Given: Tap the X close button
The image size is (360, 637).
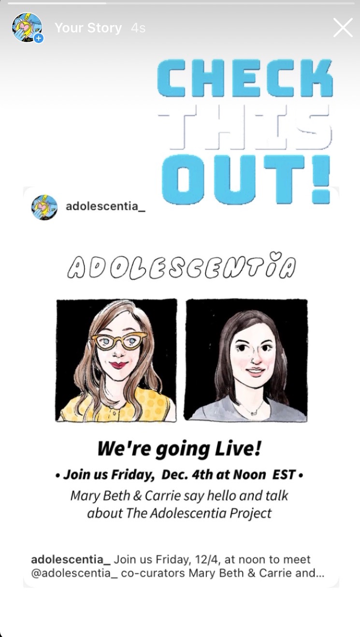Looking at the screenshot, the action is pos(343,28).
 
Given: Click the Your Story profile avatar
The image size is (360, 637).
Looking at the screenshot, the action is pos(27,28).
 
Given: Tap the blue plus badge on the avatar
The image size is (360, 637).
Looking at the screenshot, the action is pos(39,38).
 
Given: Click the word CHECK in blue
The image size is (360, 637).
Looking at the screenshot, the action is pos(245,78).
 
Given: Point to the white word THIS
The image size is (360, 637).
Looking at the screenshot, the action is pos(245,127).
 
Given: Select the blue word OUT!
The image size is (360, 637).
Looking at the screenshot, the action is pos(245,179).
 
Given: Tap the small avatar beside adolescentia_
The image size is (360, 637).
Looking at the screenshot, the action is pos(44,207).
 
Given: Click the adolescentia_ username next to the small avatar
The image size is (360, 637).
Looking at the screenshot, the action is pos(105,206).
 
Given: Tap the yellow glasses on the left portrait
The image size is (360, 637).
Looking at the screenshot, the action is pos(119,341).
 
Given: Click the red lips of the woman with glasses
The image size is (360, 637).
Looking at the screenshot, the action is pos(118,364).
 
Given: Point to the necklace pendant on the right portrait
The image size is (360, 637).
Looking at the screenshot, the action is pos(253,413).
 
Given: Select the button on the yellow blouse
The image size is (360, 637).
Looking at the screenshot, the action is pos(114,412).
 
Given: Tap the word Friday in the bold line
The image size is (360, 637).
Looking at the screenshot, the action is pos(132,475).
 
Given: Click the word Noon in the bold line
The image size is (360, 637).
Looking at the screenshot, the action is pos(249,474).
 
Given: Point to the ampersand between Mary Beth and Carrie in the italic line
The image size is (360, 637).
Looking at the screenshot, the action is pos(137,496).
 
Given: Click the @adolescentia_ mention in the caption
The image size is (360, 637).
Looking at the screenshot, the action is pos(74,573).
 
